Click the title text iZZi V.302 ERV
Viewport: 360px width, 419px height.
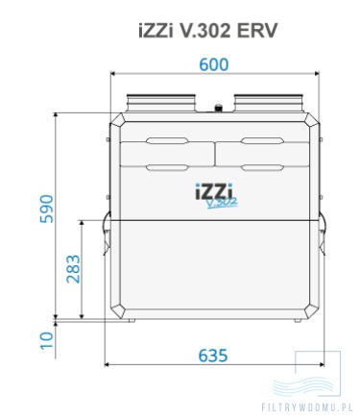tap(208, 30)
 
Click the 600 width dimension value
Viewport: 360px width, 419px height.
tap(213, 64)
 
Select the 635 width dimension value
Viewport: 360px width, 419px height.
tap(213, 355)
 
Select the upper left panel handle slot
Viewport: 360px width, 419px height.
tap(166, 143)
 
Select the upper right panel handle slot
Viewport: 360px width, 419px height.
tap(263, 143)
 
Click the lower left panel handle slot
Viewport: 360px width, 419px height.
tap(166, 168)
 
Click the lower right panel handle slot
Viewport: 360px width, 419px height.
tap(263, 168)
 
